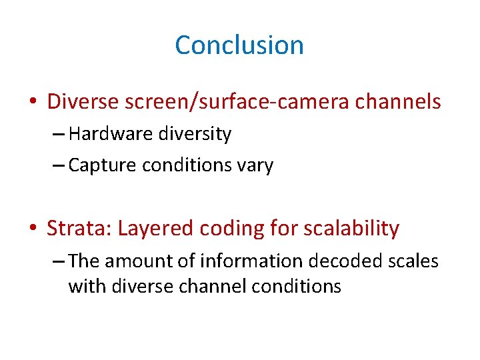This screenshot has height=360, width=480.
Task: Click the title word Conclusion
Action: pos(239,45)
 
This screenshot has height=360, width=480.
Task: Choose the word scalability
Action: pos(351,228)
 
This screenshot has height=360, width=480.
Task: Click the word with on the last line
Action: pos(83,287)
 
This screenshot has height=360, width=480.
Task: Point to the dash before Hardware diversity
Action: pos(57,135)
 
